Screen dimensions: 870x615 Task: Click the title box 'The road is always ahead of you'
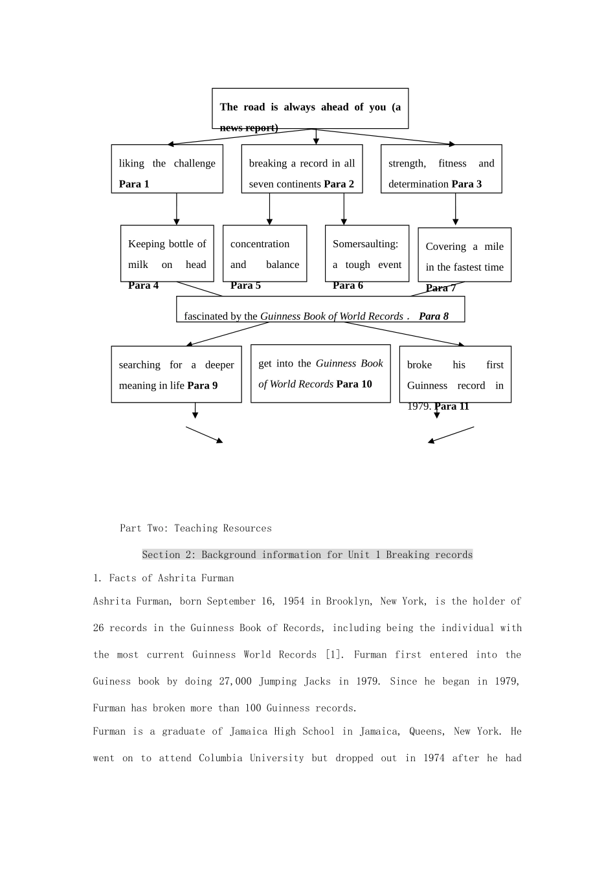pos(310,108)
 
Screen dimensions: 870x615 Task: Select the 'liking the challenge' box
pos(167,169)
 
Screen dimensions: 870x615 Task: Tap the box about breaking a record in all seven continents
pos(302,169)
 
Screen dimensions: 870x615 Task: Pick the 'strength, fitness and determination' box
pos(441,169)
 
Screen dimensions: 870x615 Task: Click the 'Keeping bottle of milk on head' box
pos(167,254)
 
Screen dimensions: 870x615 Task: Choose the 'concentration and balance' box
pos(265,254)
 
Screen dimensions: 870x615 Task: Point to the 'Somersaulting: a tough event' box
pos(367,254)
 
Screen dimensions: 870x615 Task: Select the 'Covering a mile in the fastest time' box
pos(464,255)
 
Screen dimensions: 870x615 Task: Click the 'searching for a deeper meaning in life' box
pos(176,374)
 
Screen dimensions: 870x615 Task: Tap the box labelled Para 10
pos(320,374)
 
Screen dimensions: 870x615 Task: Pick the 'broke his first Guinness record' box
pos(455,374)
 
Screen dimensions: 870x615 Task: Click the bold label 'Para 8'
pos(433,317)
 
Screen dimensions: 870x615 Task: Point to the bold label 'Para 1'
pos(134,184)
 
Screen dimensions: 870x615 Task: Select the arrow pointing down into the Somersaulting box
pos(344,209)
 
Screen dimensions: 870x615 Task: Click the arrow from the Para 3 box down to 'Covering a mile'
pos(456,210)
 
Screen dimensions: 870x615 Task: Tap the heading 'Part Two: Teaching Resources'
pos(196,528)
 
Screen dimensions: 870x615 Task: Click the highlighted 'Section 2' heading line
pos(307,555)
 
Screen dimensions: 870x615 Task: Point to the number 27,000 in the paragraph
pos(235,681)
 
